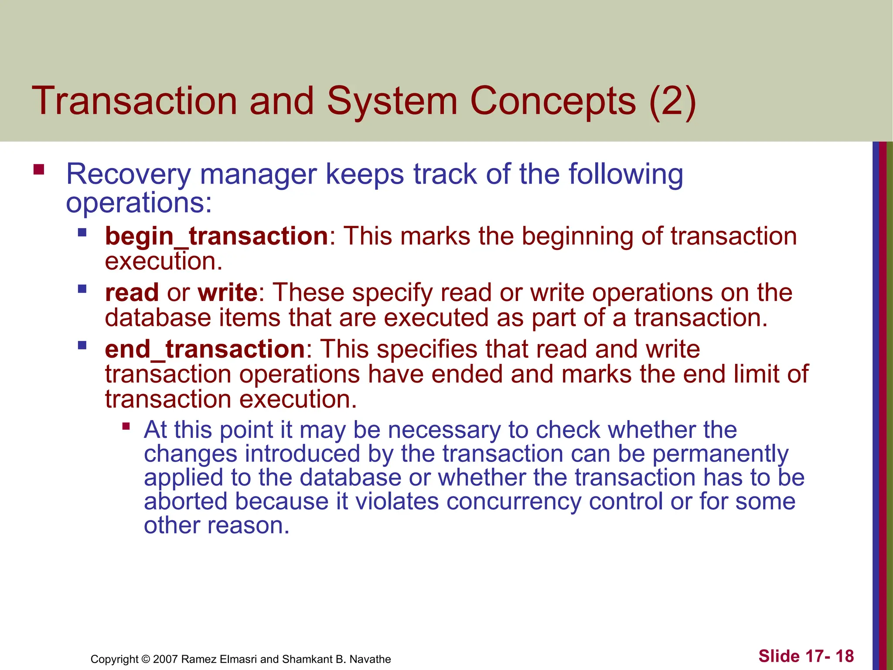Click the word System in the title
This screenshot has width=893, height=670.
[392, 101]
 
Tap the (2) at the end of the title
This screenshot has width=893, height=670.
[672, 101]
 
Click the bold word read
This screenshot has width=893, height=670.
[132, 292]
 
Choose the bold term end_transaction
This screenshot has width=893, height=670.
[205, 349]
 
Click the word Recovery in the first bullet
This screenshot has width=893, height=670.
[128, 174]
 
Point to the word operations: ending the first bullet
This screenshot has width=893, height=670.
[139, 203]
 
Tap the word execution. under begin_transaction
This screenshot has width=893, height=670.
[164, 261]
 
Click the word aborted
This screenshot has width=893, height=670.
[186, 501]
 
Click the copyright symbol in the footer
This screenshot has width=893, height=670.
[146, 659]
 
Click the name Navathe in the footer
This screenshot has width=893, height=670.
[370, 659]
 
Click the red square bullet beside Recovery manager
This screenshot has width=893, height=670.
[39, 169]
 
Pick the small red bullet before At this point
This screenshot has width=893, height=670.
[126, 426]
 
